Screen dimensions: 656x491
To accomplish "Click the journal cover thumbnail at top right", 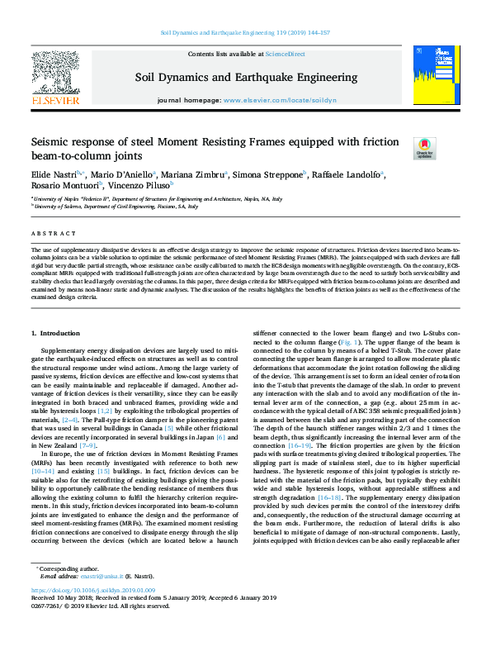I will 433,75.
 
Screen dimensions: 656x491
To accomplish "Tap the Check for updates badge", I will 425,148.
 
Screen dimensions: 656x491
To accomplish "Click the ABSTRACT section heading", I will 47,234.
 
